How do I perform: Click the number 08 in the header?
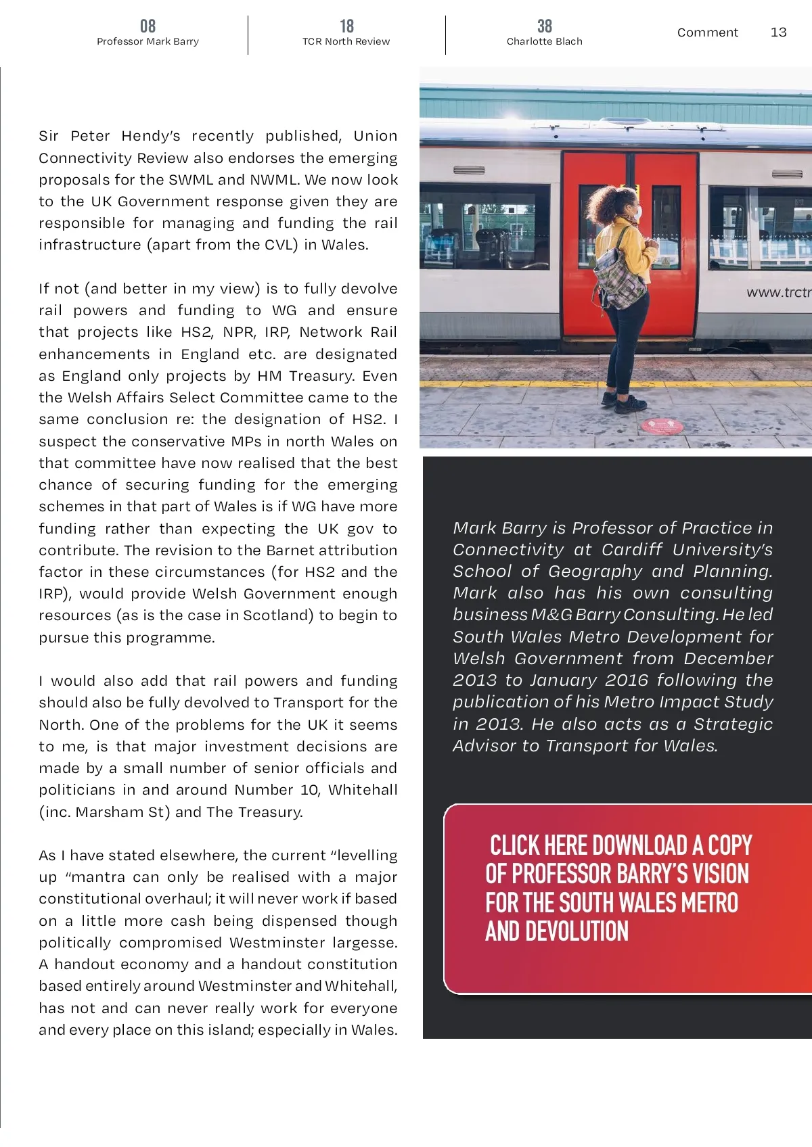(x=148, y=26)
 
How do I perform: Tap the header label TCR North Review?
(x=346, y=41)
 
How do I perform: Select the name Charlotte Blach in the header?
(x=544, y=41)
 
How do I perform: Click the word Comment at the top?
(x=707, y=32)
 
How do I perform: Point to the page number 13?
(x=778, y=32)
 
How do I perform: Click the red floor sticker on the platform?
(x=662, y=426)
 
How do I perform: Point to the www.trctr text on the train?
(x=778, y=292)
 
